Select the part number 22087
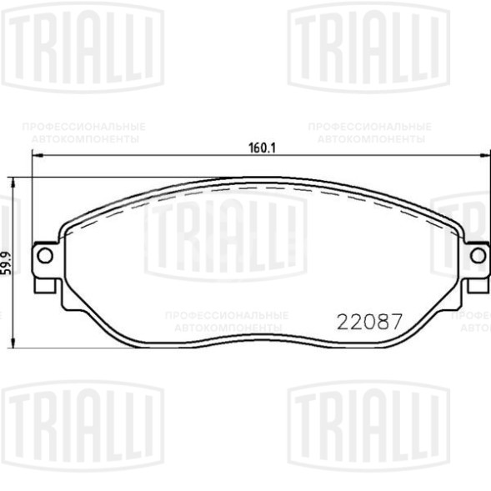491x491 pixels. (369, 321)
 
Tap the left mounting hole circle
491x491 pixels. (46, 254)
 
